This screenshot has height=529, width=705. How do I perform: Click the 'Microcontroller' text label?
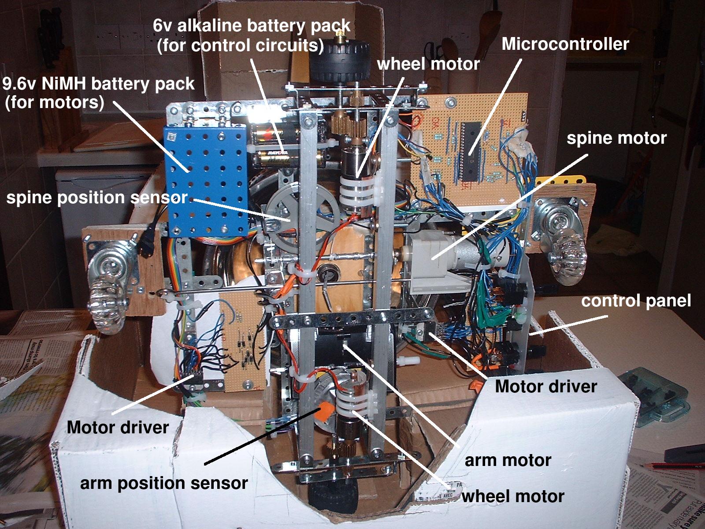565,44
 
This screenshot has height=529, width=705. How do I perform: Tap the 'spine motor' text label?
616,138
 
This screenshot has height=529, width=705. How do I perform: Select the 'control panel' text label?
636,301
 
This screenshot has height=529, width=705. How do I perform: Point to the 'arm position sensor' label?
164,483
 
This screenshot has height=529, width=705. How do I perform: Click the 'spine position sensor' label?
97,197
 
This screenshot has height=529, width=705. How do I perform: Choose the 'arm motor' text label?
508,460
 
